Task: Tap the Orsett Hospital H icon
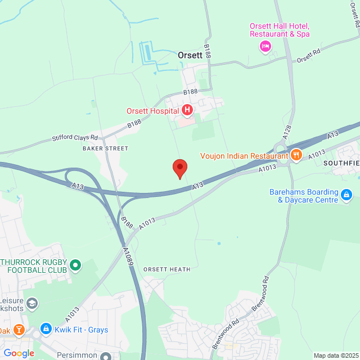(x=187, y=111)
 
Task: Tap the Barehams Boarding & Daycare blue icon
(x=346, y=196)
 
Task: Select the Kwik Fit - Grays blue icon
(x=46, y=330)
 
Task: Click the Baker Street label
(x=105, y=148)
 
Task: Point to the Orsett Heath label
(x=166, y=269)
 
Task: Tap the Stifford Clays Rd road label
(x=75, y=137)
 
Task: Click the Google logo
(x=18, y=353)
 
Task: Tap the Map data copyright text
(x=336, y=355)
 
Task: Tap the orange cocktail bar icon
(x=19, y=329)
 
